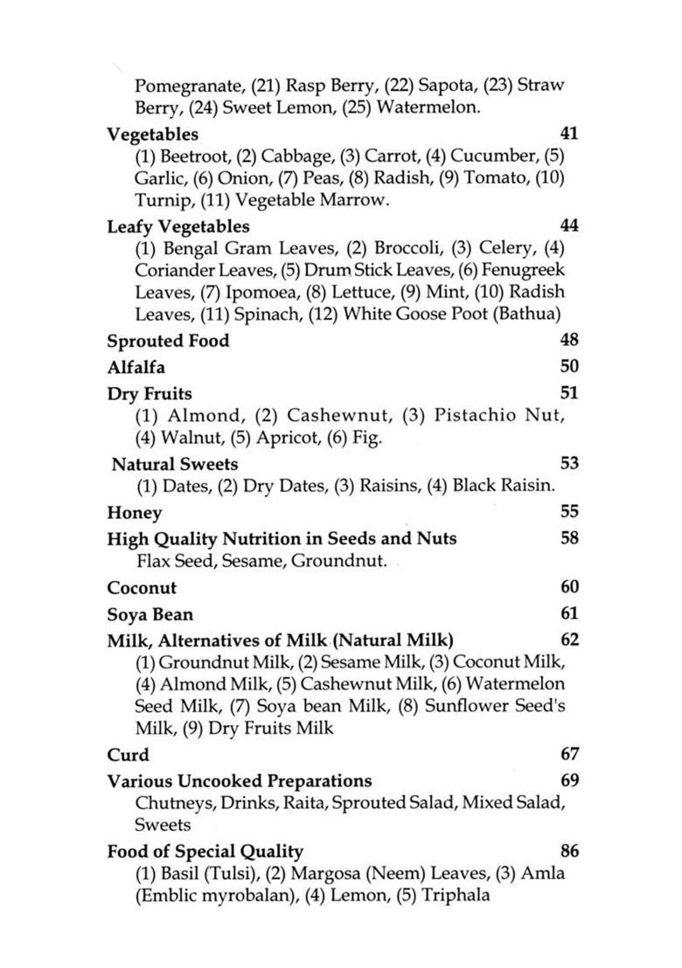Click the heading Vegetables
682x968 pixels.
coord(152,134)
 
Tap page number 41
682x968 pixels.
coord(568,134)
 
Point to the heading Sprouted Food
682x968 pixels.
coord(168,341)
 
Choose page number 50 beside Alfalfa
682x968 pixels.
coord(568,367)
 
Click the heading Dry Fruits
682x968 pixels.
coord(150,393)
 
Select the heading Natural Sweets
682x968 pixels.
coord(175,464)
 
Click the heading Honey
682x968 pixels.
coord(134,513)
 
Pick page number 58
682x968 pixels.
coord(568,538)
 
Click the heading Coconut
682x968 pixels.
coord(142,588)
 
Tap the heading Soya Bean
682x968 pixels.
coord(150,614)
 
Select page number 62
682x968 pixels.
coord(568,640)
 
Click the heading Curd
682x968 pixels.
coord(128,755)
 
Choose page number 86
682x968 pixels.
coord(568,851)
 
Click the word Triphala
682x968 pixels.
coord(456,895)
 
